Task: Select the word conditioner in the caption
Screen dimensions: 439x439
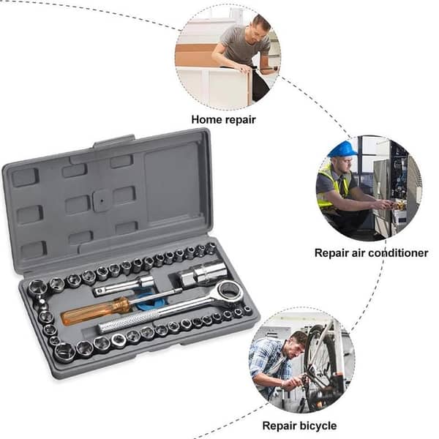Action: click(x=392, y=253)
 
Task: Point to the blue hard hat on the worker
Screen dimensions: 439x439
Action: click(x=342, y=149)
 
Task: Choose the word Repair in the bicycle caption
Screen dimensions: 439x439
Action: click(x=279, y=425)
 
